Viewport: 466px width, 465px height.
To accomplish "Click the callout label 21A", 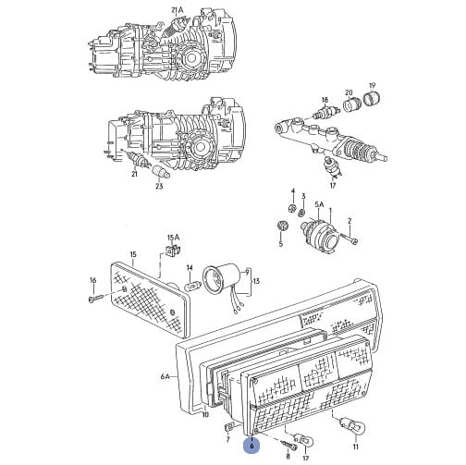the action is click(x=178, y=10).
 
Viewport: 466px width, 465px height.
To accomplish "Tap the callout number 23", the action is click(x=159, y=186).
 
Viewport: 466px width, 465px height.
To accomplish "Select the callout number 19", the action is click(x=373, y=85).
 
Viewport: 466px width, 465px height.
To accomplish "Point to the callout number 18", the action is click(x=325, y=100).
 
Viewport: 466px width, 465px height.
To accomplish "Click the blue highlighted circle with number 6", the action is click(x=252, y=446).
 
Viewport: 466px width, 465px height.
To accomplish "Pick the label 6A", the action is click(x=166, y=376).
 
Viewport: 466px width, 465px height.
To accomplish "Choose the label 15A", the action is click(x=173, y=238).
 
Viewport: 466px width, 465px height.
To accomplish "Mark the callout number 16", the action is click(x=93, y=280).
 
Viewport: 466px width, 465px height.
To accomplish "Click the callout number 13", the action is click(x=256, y=281).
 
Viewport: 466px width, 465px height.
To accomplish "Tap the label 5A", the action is click(x=320, y=204).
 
